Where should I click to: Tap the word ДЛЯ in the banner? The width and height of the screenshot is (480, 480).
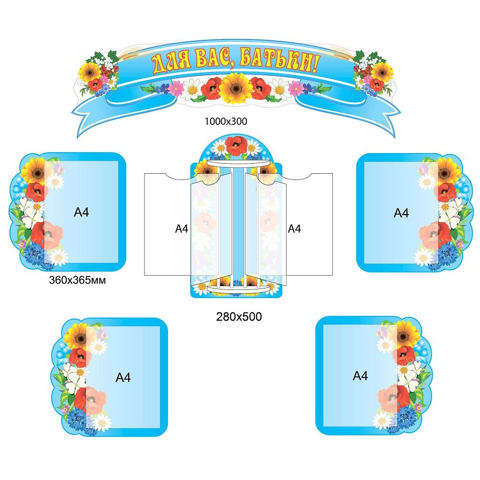pyautogui.click(x=170, y=62)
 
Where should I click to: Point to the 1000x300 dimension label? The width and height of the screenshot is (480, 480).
pyautogui.click(x=226, y=121)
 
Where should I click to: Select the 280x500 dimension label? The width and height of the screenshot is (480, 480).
pyautogui.click(x=238, y=316)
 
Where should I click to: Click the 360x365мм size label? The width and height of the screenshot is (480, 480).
pyautogui.click(x=77, y=280)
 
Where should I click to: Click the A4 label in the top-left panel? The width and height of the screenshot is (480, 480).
pyautogui.click(x=82, y=212)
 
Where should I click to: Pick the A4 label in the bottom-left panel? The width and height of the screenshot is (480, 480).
pyautogui.click(x=123, y=378)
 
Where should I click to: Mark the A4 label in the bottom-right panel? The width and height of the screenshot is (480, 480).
pyautogui.click(x=360, y=376)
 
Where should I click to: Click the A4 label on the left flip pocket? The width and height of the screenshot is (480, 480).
pyautogui.click(x=181, y=229)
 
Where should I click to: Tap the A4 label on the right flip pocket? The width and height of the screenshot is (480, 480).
pyautogui.click(x=294, y=229)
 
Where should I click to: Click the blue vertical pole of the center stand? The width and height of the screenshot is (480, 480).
pyautogui.click(x=239, y=226)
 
